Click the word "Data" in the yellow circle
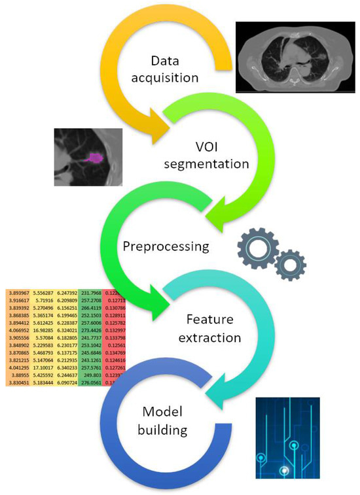click(165, 61)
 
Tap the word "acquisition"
click(165, 78)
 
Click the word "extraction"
click(211, 339)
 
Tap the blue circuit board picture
click(287, 438)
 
